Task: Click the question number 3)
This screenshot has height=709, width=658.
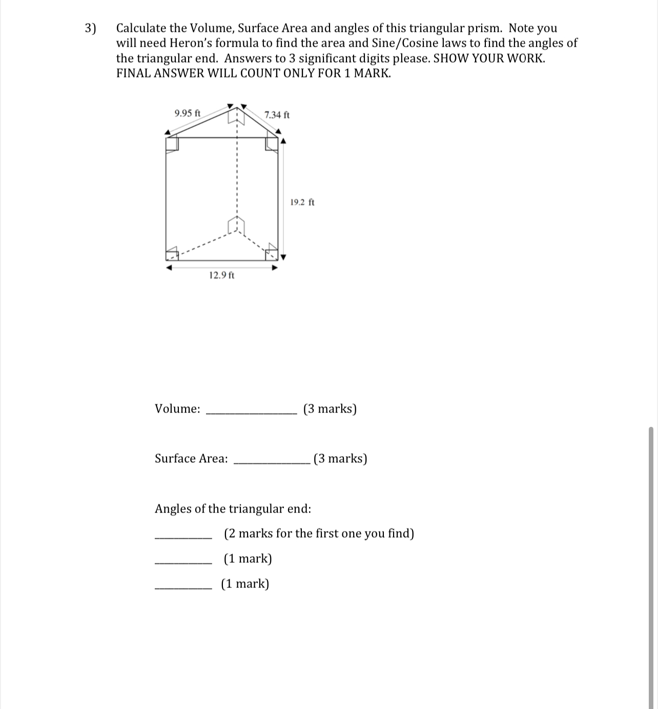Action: coord(90,28)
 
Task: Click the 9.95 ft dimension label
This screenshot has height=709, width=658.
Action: coord(188,113)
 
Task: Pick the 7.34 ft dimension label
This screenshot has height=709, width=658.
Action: coord(277,115)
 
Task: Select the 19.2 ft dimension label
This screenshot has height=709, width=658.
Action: coord(302,202)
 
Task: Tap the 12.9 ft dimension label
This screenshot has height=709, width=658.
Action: coord(222,275)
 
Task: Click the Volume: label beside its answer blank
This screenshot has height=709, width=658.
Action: coord(177,409)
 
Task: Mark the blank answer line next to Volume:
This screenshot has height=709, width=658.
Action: coord(251,412)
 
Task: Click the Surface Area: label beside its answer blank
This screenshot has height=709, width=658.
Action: coord(191,459)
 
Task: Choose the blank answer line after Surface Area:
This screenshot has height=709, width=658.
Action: coord(271,462)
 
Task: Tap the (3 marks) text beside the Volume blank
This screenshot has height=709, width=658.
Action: coord(330,409)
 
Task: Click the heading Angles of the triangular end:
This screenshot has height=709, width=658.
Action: coord(233,509)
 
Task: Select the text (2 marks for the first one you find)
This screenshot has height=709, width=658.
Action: coord(319,534)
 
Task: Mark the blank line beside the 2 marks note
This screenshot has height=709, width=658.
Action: coord(183,537)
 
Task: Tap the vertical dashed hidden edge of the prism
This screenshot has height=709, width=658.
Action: coord(237,174)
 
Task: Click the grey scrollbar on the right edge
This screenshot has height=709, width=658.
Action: coord(651,564)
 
